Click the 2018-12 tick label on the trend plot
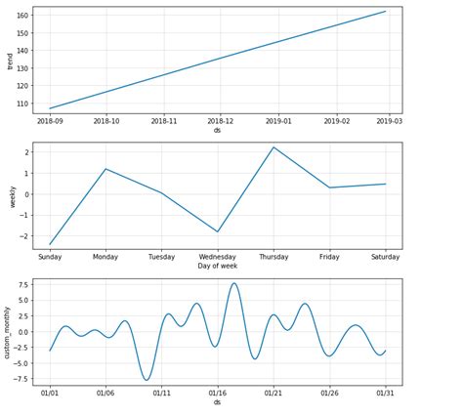pyautogui.click(x=220, y=121)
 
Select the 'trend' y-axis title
pyautogui.click(x=10, y=62)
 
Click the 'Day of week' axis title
pyautogui.click(x=218, y=267)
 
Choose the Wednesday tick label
pyautogui.click(x=217, y=257)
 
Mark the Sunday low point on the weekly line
pyautogui.click(x=50, y=244)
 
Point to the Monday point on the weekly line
pyautogui.click(x=105, y=169)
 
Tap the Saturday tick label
pyautogui.click(x=386, y=257)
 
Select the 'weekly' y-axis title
pyautogui.click(x=10, y=195)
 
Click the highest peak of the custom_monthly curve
pyautogui.click(x=234, y=283)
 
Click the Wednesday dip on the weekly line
pyautogui.click(x=218, y=231)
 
